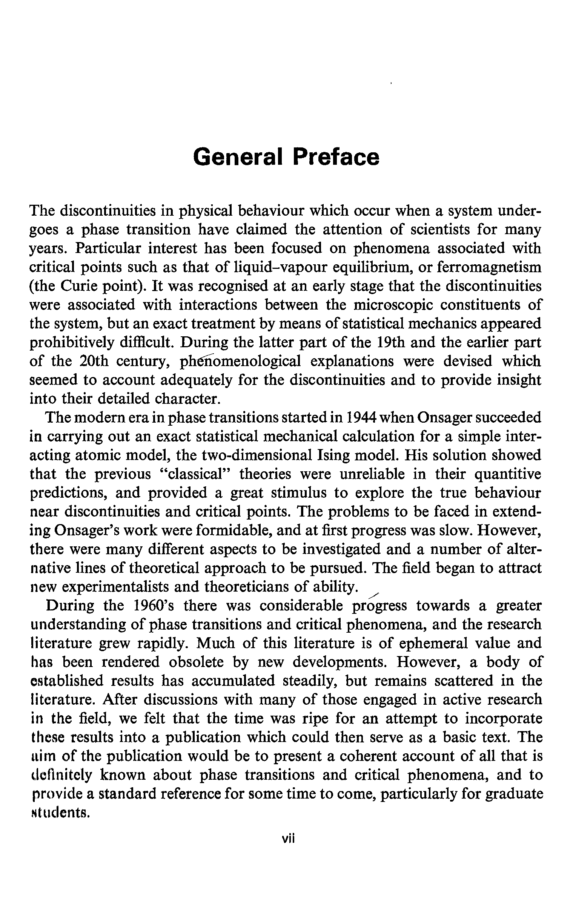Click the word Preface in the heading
click(x=336, y=157)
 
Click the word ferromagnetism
click(x=489, y=267)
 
